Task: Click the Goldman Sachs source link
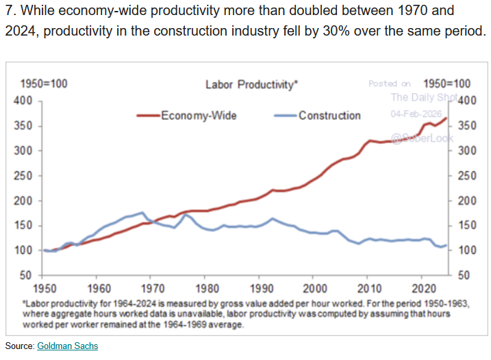click(x=67, y=346)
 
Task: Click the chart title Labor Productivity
click(x=251, y=85)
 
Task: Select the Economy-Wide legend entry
click(x=199, y=116)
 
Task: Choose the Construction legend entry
click(x=329, y=116)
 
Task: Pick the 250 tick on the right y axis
click(x=465, y=176)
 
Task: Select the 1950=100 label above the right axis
click(x=452, y=84)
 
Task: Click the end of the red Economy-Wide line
click(x=446, y=118)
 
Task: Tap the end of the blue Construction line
click(x=446, y=245)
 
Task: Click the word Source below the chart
click(x=18, y=346)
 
